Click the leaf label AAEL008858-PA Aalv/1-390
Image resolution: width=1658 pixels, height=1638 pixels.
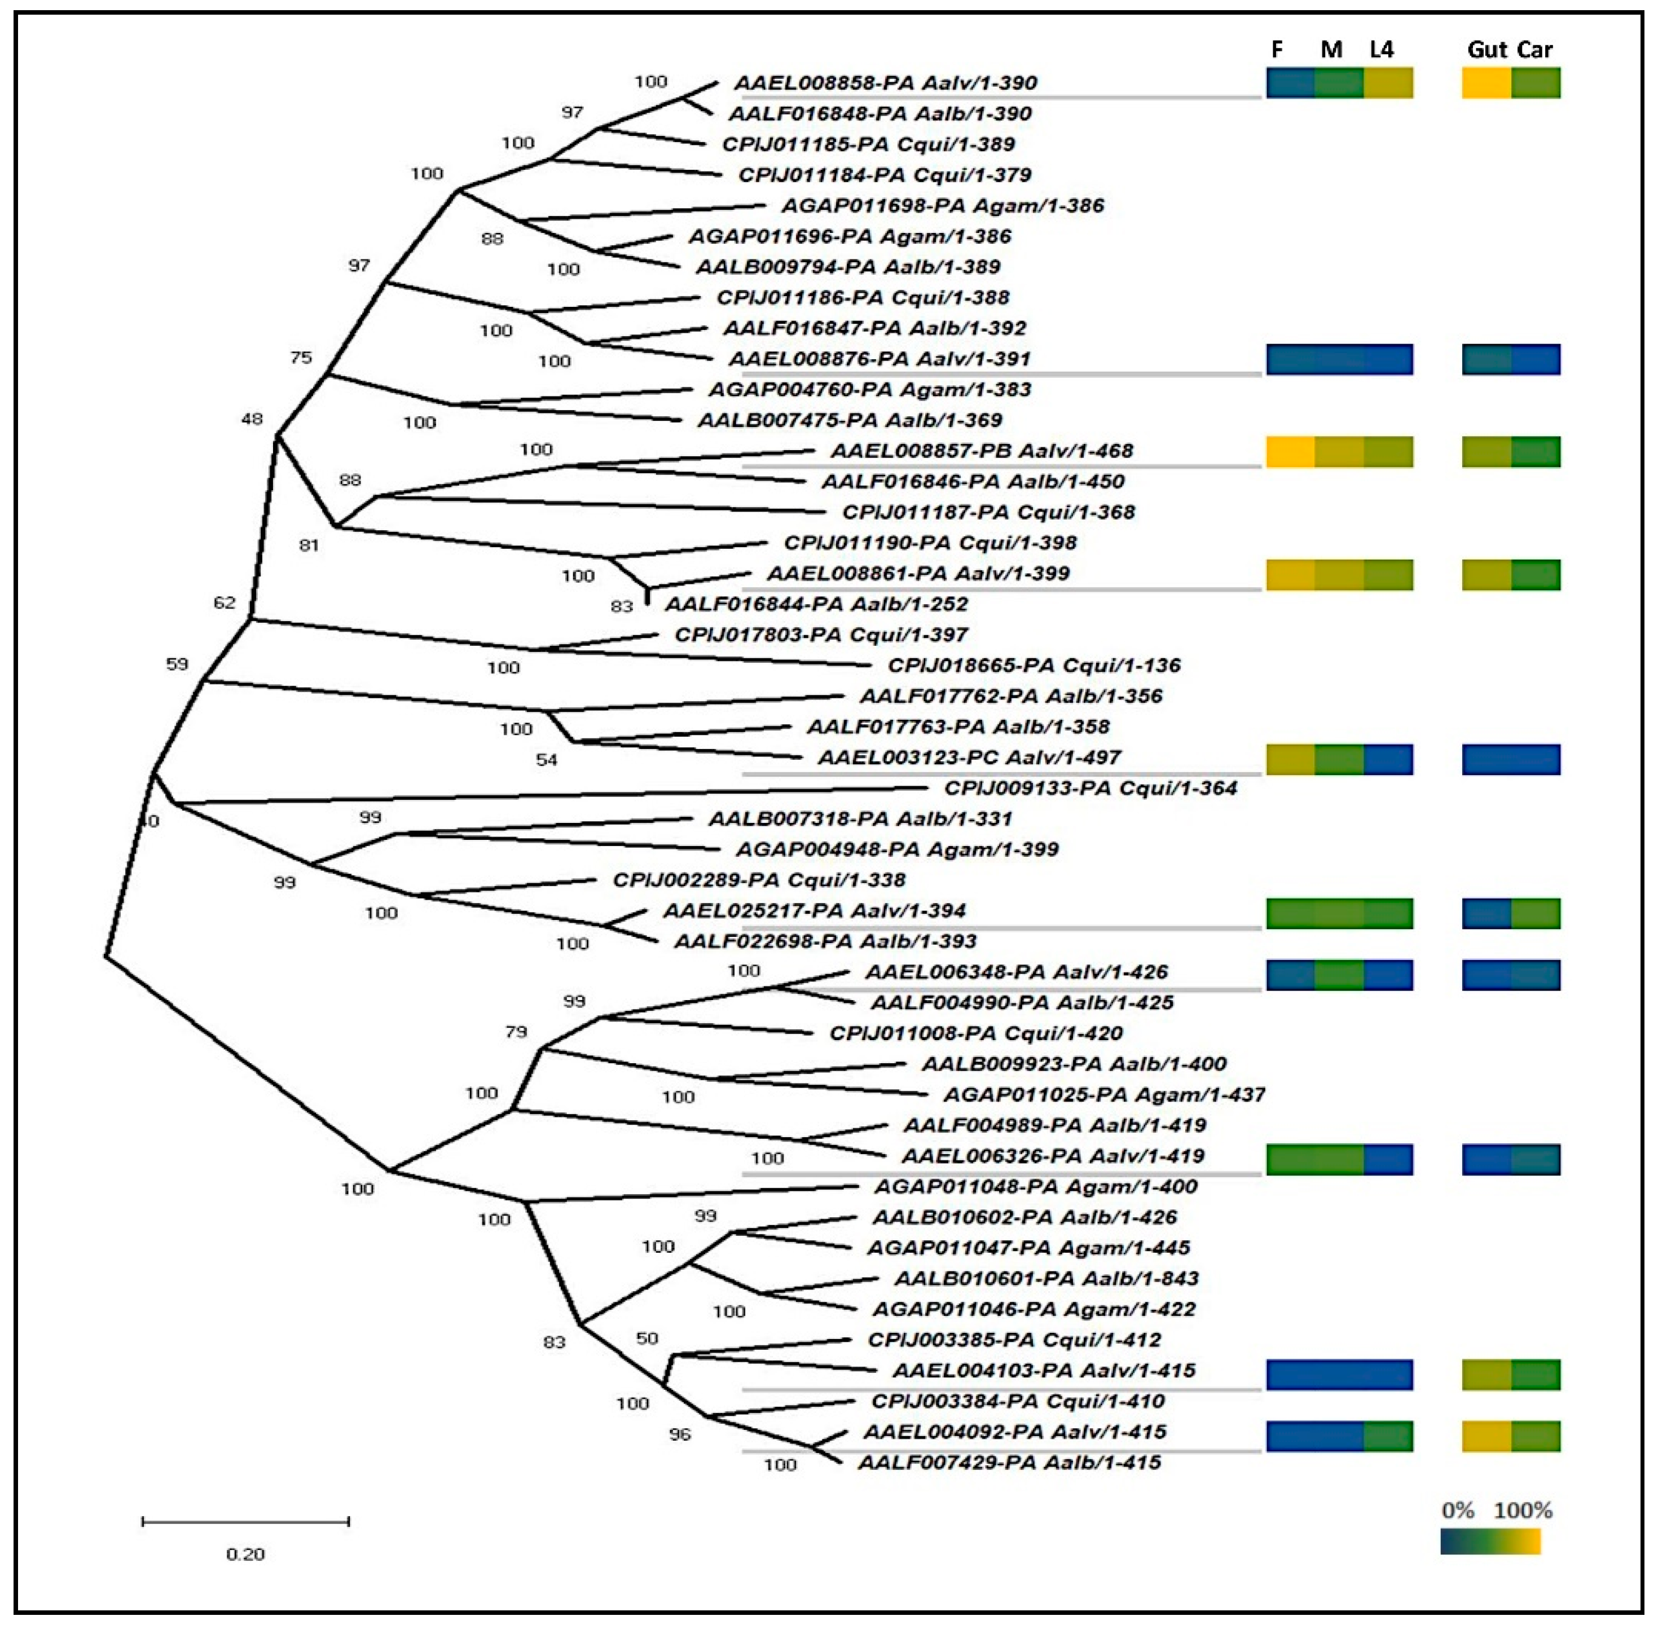pyautogui.click(x=885, y=83)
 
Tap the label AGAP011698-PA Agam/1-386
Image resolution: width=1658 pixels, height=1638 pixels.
pyautogui.click(x=942, y=206)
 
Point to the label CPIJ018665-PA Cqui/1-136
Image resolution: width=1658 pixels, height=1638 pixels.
pyautogui.click(x=1034, y=665)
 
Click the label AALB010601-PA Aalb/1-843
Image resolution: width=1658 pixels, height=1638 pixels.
pyautogui.click(x=1046, y=1279)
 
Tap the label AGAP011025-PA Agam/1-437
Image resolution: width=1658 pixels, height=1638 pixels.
pyautogui.click(x=1103, y=1095)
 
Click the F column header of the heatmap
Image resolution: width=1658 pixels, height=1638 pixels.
pyautogui.click(x=1277, y=50)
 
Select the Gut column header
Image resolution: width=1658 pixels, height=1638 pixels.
pyautogui.click(x=1487, y=50)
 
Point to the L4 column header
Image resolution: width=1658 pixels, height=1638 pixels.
pyautogui.click(x=1381, y=50)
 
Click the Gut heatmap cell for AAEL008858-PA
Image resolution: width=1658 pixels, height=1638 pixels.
pyautogui.click(x=1487, y=83)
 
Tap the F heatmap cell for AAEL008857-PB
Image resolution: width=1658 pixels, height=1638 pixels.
pyautogui.click(x=1291, y=451)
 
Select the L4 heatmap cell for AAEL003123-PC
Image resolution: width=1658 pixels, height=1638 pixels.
pyautogui.click(x=1388, y=759)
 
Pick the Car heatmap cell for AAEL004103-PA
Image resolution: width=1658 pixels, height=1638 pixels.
pyautogui.click(x=1536, y=1375)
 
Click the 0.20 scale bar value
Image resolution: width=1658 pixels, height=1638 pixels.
pyautogui.click(x=245, y=1554)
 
